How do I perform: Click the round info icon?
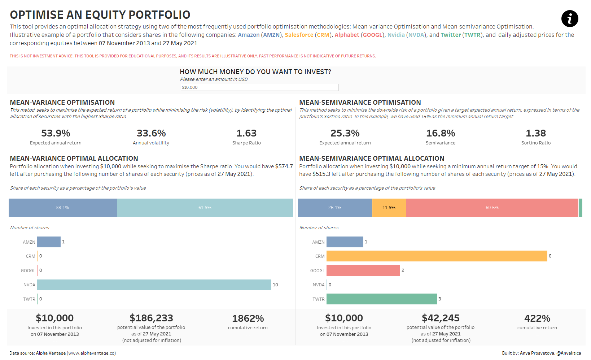tap(570, 19)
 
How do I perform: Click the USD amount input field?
tap(259, 87)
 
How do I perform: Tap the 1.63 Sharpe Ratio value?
tap(246, 133)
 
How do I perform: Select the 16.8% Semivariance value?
tap(441, 133)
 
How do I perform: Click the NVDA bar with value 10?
tap(154, 285)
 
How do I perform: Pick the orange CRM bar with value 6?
tap(437, 256)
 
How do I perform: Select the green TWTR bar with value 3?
tap(381, 299)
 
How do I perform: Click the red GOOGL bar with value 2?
tap(363, 270)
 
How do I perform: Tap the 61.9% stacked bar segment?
tap(205, 208)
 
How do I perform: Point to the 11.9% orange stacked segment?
tap(389, 208)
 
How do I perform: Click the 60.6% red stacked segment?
tap(492, 208)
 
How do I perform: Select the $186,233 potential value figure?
tap(151, 318)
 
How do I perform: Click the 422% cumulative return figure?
tap(537, 318)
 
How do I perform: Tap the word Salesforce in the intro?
tap(299, 35)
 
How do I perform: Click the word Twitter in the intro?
tap(451, 35)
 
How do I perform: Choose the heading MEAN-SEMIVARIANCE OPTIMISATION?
tap(360, 103)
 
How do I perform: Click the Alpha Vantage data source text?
tap(51, 353)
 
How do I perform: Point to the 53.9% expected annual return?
tap(56, 133)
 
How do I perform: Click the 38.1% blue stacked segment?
tap(62, 208)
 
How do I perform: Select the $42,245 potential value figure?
tap(441, 318)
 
